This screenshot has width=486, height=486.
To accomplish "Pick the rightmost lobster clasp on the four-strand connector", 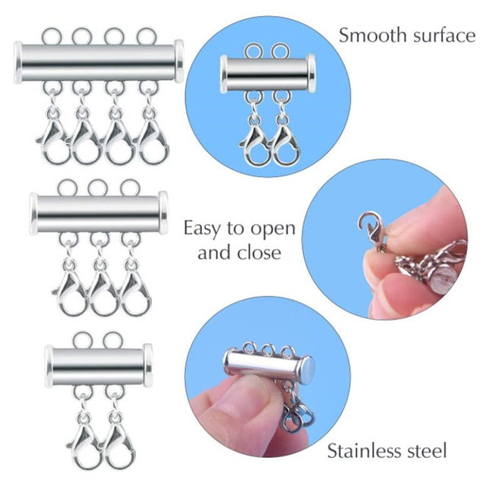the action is coord(153,140).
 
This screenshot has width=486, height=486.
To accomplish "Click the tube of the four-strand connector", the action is coord(99,61).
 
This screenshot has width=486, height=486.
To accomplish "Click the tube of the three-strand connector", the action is coord(99,213).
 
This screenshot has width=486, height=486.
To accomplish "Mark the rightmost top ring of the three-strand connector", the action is coord(130,188).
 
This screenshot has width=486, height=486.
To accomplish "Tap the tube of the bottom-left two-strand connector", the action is coord(99,364).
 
